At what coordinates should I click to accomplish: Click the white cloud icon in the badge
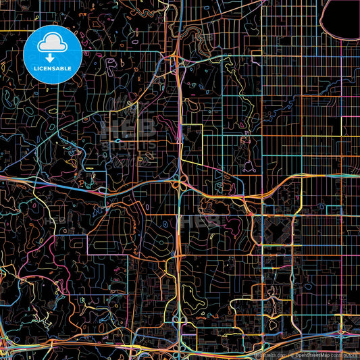point(52,45)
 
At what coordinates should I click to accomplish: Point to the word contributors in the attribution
point(346,353)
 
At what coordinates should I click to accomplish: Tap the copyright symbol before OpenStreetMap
point(292,353)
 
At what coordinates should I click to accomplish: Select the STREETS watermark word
point(132,145)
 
